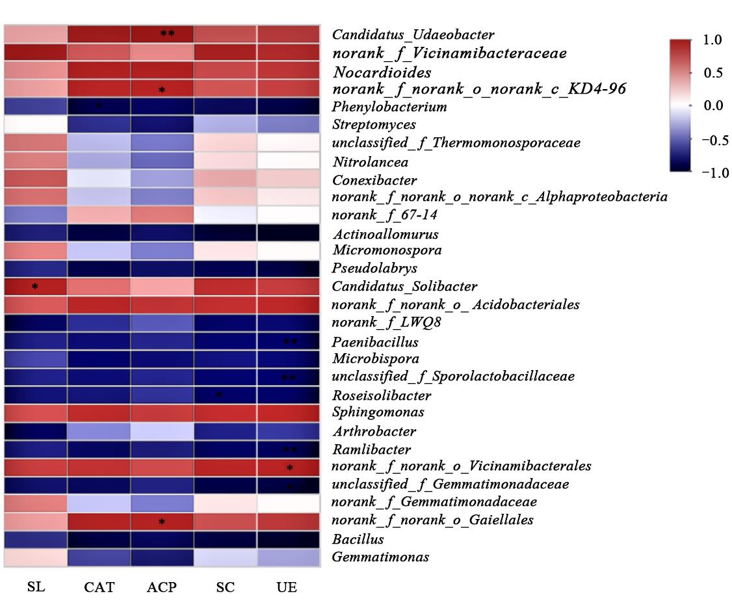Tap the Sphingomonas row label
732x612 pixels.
click(x=378, y=412)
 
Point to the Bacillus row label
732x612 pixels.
click(x=358, y=539)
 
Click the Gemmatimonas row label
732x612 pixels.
click(x=380, y=557)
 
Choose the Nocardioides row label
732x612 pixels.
click(x=382, y=72)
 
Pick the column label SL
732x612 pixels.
click(x=36, y=587)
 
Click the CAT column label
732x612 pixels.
click(x=99, y=587)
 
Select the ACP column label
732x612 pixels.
click(x=161, y=587)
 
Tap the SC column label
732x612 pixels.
click(x=225, y=587)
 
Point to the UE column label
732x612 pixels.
click(x=287, y=587)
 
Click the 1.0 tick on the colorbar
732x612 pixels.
click(x=712, y=40)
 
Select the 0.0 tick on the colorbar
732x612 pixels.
click(x=712, y=105)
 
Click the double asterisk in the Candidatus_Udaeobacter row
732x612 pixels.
click(x=167, y=34)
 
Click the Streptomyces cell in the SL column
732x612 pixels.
click(x=36, y=124)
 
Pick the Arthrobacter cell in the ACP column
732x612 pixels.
click(x=162, y=431)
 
